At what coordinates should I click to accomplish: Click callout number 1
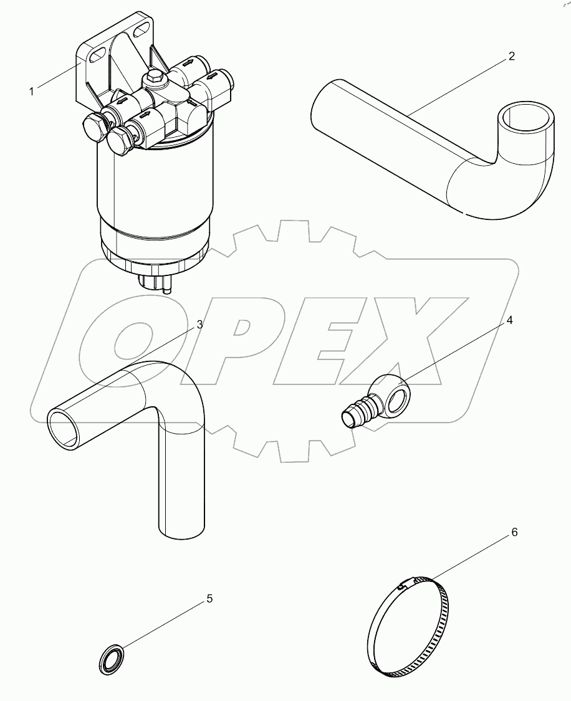(x=31, y=92)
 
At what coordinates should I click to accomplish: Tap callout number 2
(x=512, y=56)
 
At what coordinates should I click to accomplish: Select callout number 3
(x=200, y=325)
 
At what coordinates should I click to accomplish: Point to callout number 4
(x=509, y=320)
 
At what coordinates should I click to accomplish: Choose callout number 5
(x=209, y=599)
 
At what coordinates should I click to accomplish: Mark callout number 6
(x=514, y=532)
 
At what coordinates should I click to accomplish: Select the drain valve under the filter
(x=154, y=284)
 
